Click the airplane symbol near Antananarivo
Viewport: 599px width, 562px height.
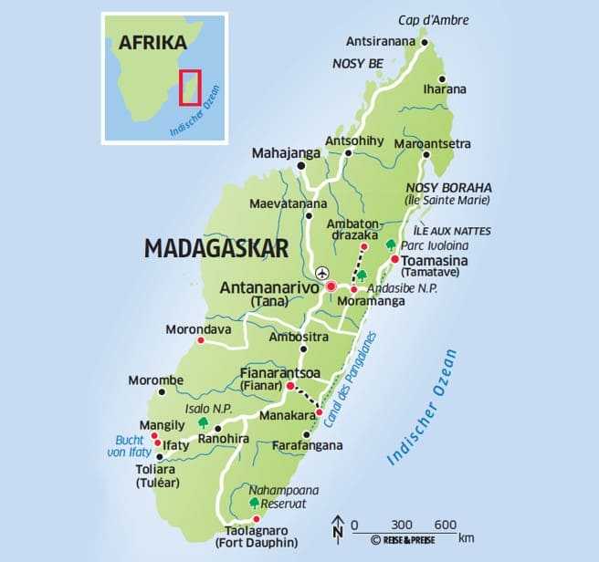pyautogui.click(x=321, y=272)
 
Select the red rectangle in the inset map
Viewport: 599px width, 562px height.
pyautogui.click(x=190, y=88)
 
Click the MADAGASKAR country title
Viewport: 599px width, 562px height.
pyautogui.click(x=216, y=248)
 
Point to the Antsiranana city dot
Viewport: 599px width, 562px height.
pyautogui.click(x=424, y=41)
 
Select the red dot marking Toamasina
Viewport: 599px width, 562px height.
pyautogui.click(x=394, y=259)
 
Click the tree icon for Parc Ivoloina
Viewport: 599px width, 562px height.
pyautogui.click(x=391, y=245)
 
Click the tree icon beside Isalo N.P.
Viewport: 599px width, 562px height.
pyautogui.click(x=203, y=422)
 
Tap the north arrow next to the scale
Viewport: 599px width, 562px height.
pyautogui.click(x=337, y=527)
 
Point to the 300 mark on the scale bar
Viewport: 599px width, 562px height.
pyautogui.click(x=403, y=524)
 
